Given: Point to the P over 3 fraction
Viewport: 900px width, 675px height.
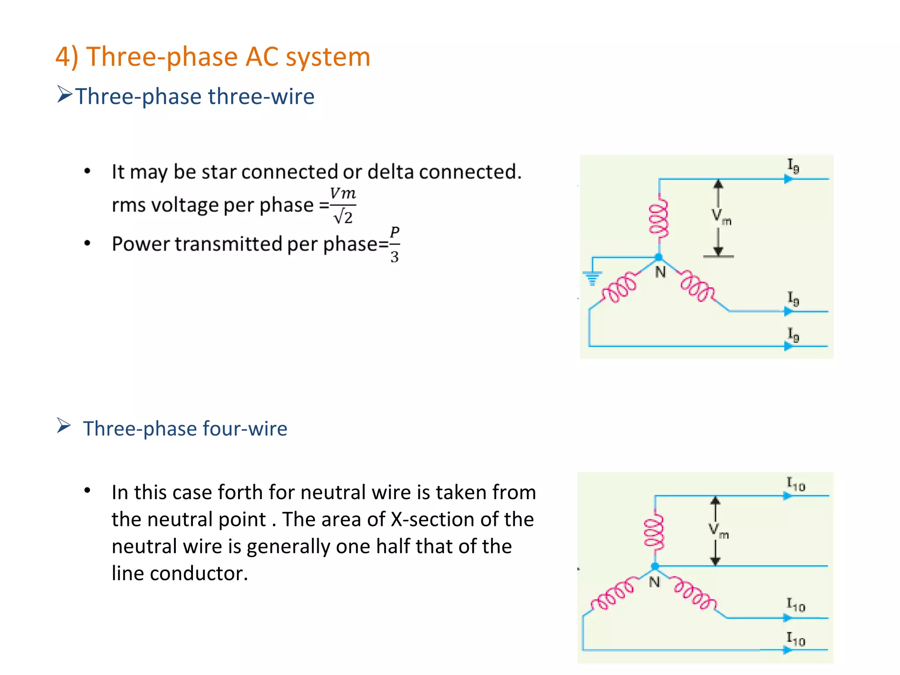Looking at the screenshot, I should pyautogui.click(x=395, y=245).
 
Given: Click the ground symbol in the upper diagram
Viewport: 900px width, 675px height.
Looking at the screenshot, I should pyautogui.click(x=592, y=278).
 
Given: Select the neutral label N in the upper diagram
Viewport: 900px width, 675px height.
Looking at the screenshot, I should pyautogui.click(x=660, y=272).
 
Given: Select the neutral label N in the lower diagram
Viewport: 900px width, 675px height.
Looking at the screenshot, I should pyautogui.click(x=654, y=582).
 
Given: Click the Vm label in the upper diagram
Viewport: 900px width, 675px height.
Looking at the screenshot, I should pyautogui.click(x=721, y=217).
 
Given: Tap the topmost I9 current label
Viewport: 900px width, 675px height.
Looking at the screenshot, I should pyautogui.click(x=793, y=166).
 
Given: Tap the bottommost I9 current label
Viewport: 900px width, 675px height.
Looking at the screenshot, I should pyautogui.click(x=793, y=335).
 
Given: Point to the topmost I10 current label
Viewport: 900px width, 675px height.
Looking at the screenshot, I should pyautogui.click(x=795, y=484).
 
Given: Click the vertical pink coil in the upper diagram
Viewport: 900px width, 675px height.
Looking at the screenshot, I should pyautogui.click(x=659, y=219).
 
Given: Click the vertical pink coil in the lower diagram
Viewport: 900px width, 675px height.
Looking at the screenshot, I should pyautogui.click(x=654, y=532).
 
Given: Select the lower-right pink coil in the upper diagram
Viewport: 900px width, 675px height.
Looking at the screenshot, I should pyautogui.click(x=697, y=287).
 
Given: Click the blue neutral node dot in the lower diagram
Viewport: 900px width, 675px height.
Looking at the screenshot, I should pyautogui.click(x=655, y=566).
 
